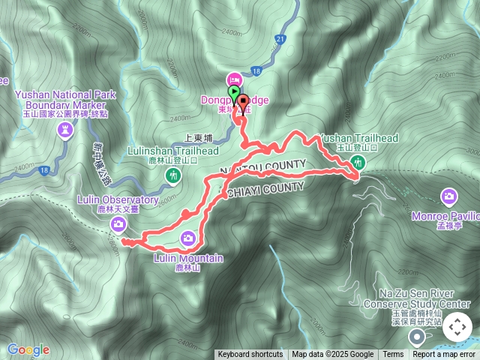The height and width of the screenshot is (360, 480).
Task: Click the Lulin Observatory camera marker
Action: click(118, 224)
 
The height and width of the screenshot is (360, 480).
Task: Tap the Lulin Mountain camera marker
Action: click(188, 238)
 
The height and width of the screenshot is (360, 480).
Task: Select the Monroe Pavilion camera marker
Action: click(448, 196)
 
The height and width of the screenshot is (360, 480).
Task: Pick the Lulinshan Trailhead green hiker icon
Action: click(174, 175)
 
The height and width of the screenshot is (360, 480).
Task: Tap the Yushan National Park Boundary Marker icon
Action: click(65, 130)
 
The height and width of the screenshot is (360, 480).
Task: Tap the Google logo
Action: click(28, 349)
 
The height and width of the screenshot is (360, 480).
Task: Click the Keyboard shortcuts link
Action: click(250, 355)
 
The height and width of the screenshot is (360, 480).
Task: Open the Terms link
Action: click(393, 355)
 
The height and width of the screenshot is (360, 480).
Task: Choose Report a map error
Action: click(444, 355)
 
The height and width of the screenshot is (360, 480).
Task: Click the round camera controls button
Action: click(457, 327)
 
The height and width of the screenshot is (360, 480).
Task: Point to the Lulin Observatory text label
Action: click(118, 200)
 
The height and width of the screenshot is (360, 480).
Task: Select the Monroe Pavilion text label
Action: click(445, 216)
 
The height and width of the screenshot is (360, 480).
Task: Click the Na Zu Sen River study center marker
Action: click(417, 336)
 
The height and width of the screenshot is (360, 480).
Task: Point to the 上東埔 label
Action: click(198, 139)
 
